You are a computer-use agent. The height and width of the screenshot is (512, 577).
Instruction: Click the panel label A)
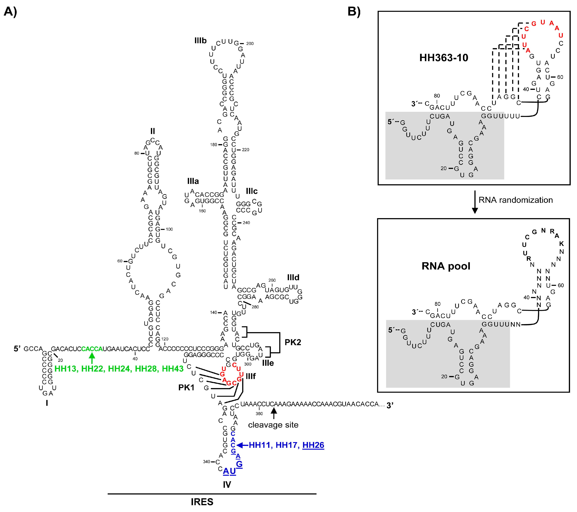click(x=10, y=12)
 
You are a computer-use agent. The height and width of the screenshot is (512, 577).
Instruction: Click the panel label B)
click(x=354, y=12)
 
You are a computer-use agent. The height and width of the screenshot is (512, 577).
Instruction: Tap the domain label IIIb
click(x=201, y=41)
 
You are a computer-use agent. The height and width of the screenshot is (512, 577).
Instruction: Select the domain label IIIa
click(x=193, y=181)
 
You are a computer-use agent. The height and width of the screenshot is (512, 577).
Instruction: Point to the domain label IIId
click(x=293, y=278)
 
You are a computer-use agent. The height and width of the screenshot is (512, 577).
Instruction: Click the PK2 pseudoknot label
click(x=293, y=342)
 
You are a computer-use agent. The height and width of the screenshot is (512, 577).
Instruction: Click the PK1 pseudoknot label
click(x=186, y=387)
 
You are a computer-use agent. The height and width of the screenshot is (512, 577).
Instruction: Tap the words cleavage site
click(x=273, y=425)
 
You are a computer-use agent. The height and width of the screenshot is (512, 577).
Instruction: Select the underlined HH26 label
click(x=313, y=445)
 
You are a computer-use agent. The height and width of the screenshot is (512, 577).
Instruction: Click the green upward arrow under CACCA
click(x=92, y=358)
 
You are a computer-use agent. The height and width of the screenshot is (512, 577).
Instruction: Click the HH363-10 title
click(x=444, y=58)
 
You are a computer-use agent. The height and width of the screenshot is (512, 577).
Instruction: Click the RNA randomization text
click(x=515, y=200)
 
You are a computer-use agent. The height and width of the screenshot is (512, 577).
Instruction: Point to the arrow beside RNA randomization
click(x=475, y=202)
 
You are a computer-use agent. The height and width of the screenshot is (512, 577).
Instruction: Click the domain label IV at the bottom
click(x=227, y=485)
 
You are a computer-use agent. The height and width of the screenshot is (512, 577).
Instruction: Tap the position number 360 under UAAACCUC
click(x=259, y=414)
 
